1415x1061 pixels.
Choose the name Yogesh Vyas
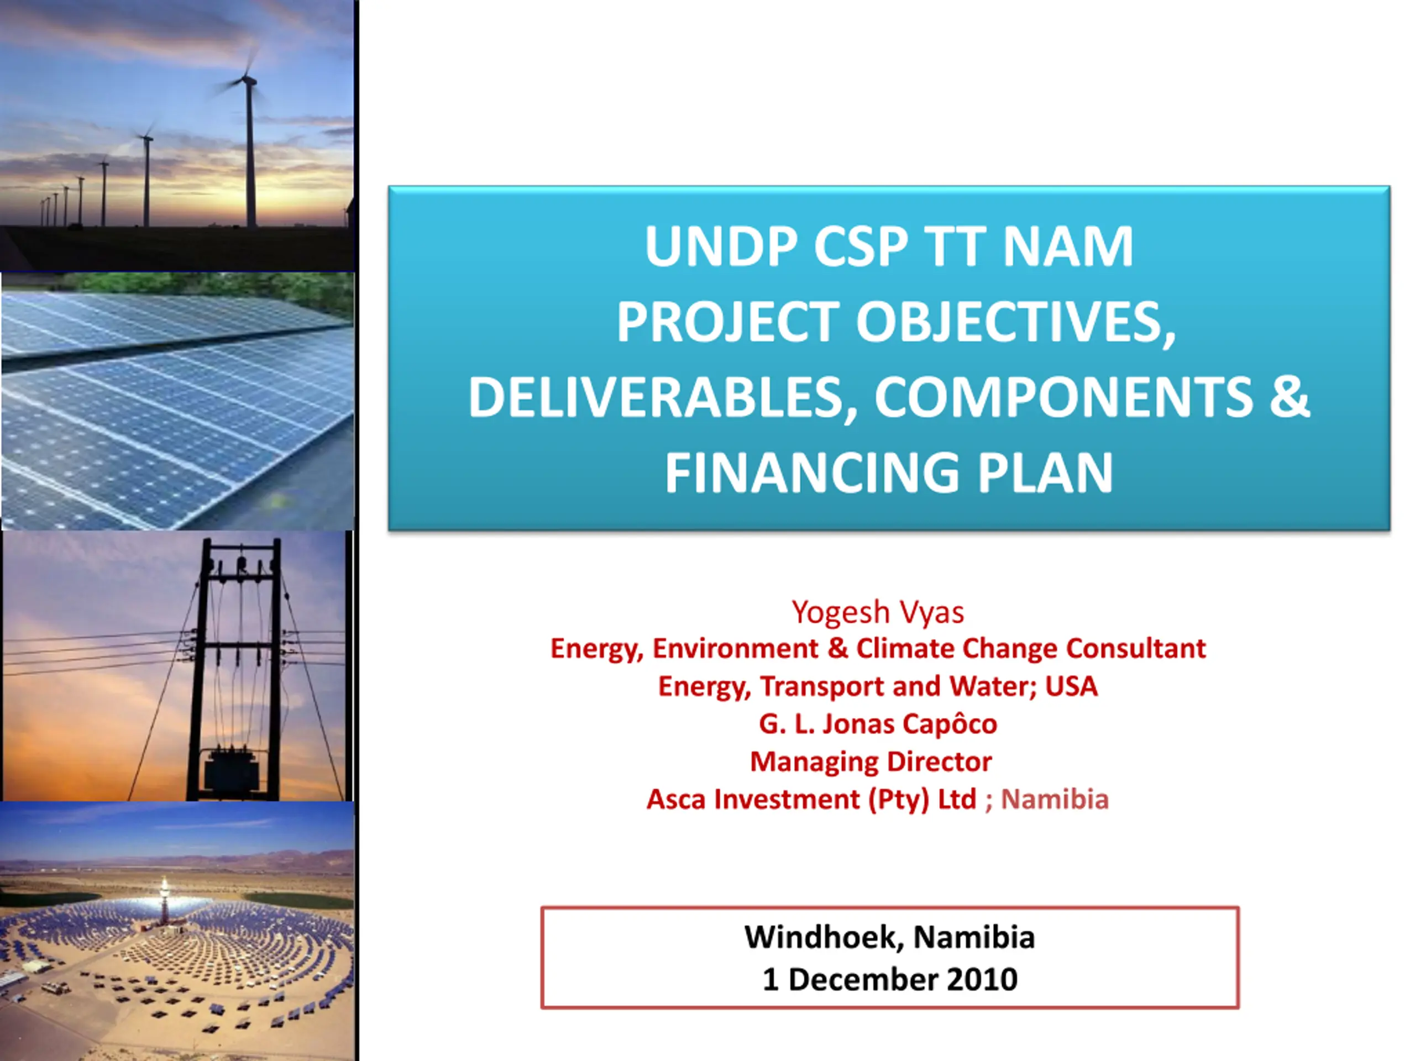tap(878, 612)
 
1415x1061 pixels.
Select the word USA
tap(1072, 686)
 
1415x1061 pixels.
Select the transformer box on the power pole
tap(231, 771)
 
